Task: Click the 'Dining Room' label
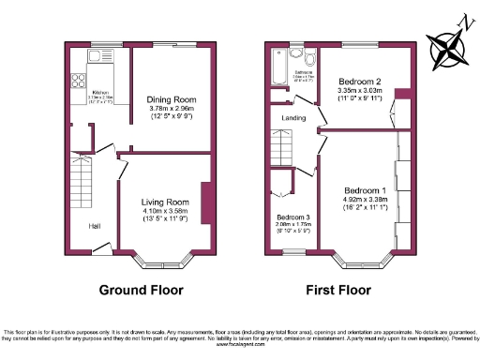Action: [171, 99]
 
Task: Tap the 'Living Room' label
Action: [165, 202]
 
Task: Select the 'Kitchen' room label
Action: [101, 92]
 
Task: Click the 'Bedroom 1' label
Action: [366, 188]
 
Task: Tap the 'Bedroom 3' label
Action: [293, 217]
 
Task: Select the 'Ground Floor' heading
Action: [141, 290]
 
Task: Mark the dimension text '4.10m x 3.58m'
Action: [165, 211]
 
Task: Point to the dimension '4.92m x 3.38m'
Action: [366, 199]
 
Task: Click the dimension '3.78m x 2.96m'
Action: [171, 109]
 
